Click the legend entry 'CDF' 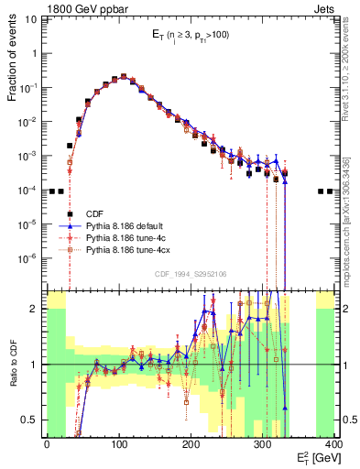95,212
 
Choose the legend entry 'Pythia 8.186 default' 128,224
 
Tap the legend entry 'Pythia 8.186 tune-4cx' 131,248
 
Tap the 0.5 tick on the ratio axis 33,420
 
